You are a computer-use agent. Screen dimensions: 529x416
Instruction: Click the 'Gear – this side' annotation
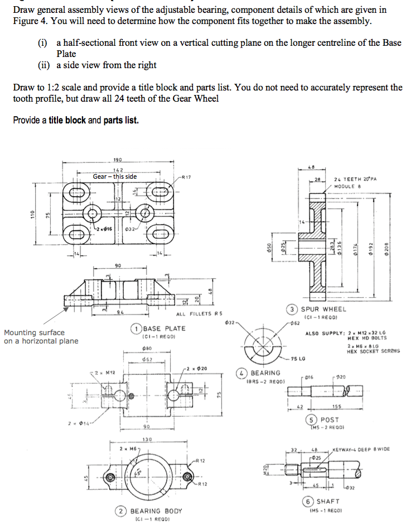pos(114,177)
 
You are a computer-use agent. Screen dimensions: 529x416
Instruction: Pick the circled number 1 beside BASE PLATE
pos(136,328)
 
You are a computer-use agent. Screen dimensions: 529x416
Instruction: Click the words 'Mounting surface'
pos(34,332)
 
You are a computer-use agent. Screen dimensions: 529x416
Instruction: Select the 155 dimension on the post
pos(336,407)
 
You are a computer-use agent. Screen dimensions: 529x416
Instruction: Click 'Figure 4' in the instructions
pos(29,21)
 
